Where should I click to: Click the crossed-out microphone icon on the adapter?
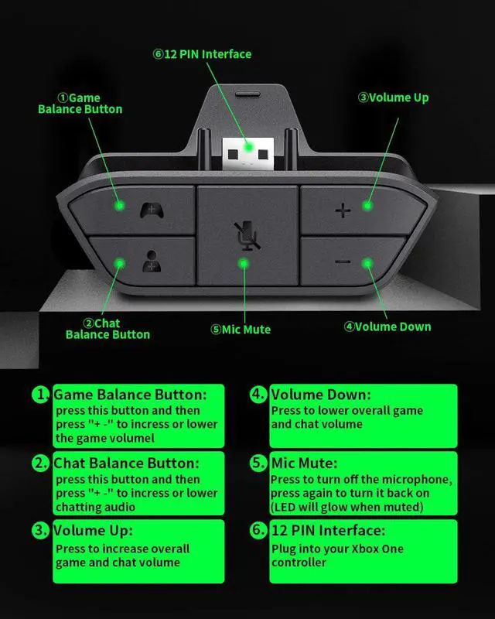pos(246,236)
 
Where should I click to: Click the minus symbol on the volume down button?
pos(343,262)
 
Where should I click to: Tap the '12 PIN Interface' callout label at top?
pos(202,54)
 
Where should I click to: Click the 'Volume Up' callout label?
pos(393,97)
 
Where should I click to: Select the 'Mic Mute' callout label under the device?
pos(241,329)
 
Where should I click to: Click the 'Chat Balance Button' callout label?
pos(108,329)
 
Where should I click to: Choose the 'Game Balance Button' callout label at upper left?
pos(80,104)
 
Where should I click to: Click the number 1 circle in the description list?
pos(41,395)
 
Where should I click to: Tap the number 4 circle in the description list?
pos(258,395)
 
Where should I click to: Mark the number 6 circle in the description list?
pos(258,532)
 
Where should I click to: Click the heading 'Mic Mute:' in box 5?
pos(304,463)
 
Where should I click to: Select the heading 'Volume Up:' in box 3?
pos(93,531)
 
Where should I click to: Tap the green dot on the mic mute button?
pos(244,263)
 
